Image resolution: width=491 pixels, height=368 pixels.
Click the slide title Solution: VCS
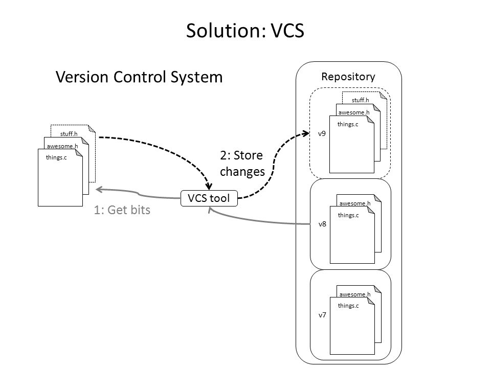[x=245, y=31]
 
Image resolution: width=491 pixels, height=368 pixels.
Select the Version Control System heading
[x=139, y=77]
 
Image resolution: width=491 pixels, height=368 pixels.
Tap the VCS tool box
[x=210, y=198]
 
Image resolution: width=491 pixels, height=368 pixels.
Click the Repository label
[x=348, y=77]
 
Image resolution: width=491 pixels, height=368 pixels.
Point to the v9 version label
[x=322, y=133]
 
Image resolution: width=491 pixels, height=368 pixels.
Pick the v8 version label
[x=322, y=224]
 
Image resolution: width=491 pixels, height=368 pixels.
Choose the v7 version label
[x=322, y=315]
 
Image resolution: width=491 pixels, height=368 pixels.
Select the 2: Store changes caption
[x=242, y=164]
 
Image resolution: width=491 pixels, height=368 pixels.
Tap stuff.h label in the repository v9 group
[x=360, y=100]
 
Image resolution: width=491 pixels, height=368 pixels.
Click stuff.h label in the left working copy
[x=69, y=134]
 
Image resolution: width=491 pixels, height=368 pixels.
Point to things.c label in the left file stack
[x=56, y=158]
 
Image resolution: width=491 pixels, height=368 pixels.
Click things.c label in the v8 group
[x=348, y=215]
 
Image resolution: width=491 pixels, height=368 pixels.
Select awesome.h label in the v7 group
[x=354, y=294]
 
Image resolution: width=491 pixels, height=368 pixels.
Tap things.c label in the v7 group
[x=348, y=306]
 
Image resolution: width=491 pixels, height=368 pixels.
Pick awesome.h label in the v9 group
[x=354, y=112]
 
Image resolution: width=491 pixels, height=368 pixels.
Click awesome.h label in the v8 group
[x=354, y=203]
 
